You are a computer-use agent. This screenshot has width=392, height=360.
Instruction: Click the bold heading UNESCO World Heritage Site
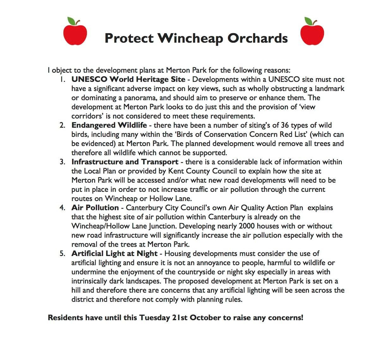[x=128, y=79]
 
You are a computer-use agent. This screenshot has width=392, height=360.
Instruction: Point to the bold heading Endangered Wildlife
[x=109, y=125]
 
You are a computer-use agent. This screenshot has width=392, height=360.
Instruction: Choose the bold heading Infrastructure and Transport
[x=125, y=162]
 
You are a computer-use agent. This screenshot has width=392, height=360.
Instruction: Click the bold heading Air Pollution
[x=95, y=208]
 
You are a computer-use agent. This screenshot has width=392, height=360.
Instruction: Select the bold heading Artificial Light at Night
[x=114, y=253]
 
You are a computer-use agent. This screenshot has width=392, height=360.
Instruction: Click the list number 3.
[x=62, y=162]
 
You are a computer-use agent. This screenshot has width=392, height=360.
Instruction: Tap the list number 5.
[x=62, y=253]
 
